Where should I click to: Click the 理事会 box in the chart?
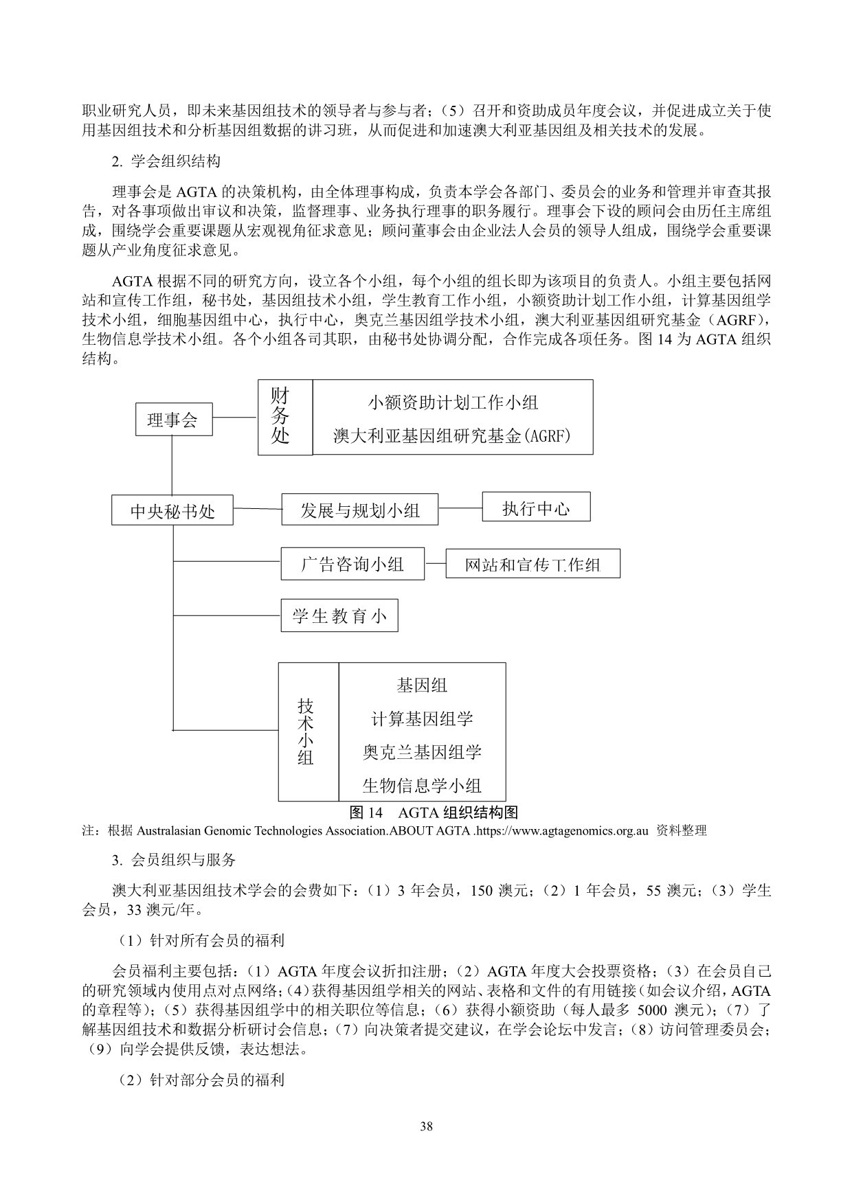tap(172, 420)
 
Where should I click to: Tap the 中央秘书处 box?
tap(172, 511)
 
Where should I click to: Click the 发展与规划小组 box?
tap(359, 510)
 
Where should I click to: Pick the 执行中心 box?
tap(536, 508)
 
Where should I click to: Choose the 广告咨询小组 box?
tap(352, 565)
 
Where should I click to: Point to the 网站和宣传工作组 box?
tap(532, 565)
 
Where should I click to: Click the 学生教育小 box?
tap(339, 615)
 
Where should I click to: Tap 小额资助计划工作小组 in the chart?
tap(453, 402)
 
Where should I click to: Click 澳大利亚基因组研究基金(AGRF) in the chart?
tap(453, 436)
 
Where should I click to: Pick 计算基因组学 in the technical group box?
tap(422, 719)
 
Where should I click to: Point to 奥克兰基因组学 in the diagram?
tap(422, 753)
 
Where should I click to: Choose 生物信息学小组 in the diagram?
tap(422, 786)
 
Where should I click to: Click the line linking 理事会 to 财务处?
tap(235, 418)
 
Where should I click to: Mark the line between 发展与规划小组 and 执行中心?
tap(460, 508)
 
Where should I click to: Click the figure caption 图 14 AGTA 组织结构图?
tap(433, 813)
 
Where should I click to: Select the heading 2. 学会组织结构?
tap(166, 163)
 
